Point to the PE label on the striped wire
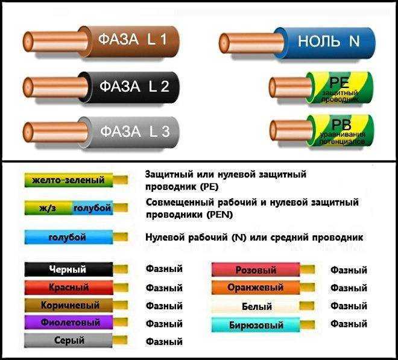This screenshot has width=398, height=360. click(x=340, y=82)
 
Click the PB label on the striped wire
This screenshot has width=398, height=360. click(x=341, y=124)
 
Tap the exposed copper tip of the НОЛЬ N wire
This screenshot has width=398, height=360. click(x=251, y=43)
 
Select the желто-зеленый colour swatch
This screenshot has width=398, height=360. click(x=69, y=180)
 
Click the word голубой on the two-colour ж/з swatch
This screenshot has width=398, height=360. click(x=92, y=208)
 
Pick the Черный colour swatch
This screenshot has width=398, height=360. click(x=69, y=270)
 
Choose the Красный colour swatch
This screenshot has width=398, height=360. click(x=69, y=288)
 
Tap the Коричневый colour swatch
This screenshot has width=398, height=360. click(x=69, y=305)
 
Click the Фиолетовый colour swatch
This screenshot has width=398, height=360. click(x=69, y=323)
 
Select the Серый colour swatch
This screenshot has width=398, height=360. click(x=68, y=341)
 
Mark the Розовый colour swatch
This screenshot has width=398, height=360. click(x=256, y=270)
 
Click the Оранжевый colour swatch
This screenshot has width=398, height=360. click(x=256, y=288)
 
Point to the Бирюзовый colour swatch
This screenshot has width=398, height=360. click(x=256, y=325)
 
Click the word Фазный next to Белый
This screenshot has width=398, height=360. click(x=349, y=306)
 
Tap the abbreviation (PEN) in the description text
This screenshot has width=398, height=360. click(x=220, y=215)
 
